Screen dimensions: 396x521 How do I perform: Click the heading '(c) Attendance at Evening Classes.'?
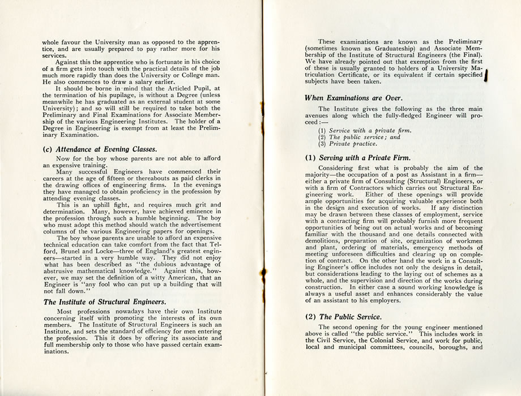pyautogui.click(x=99, y=149)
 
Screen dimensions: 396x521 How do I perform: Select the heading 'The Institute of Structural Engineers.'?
pyautogui.click(x=105, y=302)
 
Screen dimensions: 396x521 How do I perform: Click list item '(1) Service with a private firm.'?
pyautogui.click(x=365, y=131)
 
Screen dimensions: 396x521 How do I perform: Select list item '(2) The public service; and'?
pyautogui.click(x=359, y=137)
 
